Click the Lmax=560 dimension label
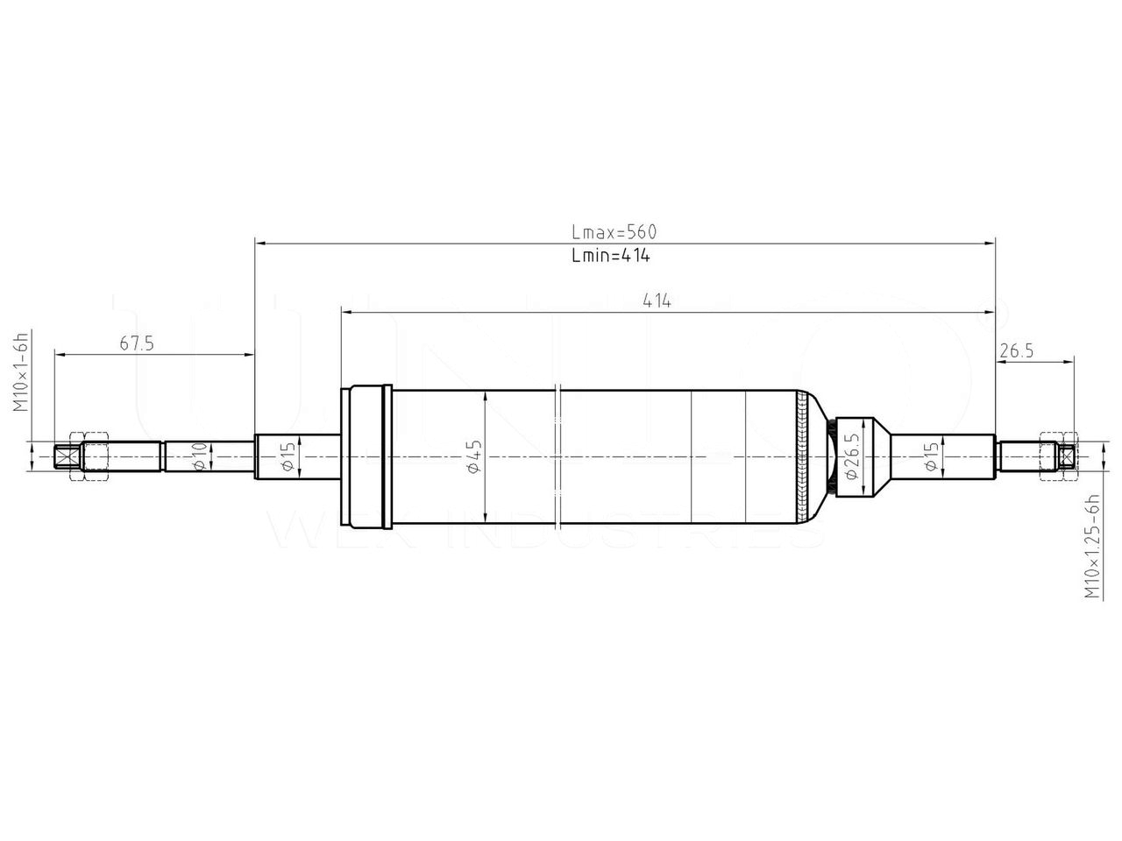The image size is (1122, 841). (614, 232)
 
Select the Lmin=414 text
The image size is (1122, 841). (610, 256)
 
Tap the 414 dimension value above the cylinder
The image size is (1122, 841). (657, 300)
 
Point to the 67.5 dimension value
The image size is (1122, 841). (137, 343)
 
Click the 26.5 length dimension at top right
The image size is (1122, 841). (1016, 350)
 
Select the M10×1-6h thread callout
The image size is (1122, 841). (21, 372)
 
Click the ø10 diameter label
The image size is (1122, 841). (199, 456)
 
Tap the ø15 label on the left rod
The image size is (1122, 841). (287, 456)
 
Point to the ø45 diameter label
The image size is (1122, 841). (474, 456)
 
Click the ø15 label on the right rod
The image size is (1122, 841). (930, 456)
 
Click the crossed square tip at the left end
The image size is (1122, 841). (64, 457)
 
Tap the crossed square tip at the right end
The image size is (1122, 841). (1066, 456)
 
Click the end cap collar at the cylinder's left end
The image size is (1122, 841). (366, 456)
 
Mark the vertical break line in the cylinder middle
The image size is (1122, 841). (557, 456)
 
